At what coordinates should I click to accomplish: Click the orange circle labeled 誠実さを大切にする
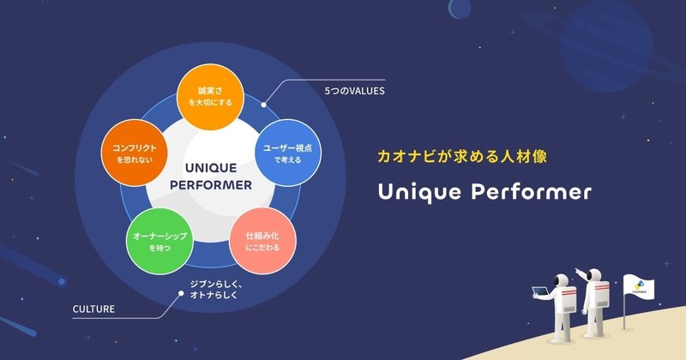(210, 97)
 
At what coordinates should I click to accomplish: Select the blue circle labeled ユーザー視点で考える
(288, 153)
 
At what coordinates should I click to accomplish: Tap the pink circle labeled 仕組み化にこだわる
(262, 241)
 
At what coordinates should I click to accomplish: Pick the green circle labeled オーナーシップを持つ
(159, 241)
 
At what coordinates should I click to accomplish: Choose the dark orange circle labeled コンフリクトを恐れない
(135, 153)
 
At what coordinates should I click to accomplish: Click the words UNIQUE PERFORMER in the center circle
(211, 177)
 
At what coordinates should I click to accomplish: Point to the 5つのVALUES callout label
(354, 91)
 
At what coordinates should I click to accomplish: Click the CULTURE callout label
(93, 309)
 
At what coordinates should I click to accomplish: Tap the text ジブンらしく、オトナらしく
(216, 290)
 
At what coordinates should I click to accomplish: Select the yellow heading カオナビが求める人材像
(462, 156)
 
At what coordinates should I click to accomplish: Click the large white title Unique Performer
(484, 192)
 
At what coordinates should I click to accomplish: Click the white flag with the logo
(639, 287)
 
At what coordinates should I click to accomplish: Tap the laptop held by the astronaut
(540, 291)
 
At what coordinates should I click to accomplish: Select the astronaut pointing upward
(593, 303)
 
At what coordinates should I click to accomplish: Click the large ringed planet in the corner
(606, 47)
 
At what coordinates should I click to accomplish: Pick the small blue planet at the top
(460, 9)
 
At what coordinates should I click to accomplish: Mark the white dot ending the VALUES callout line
(263, 105)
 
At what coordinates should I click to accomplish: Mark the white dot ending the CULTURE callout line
(181, 293)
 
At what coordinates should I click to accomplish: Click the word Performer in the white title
(531, 192)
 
